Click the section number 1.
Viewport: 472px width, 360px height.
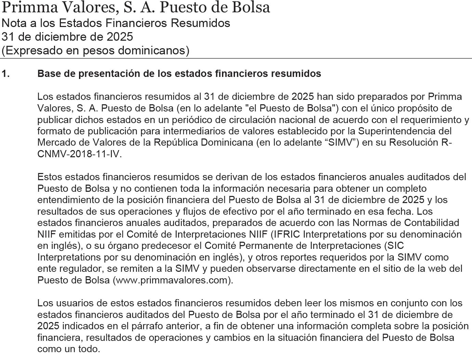(x=5, y=74)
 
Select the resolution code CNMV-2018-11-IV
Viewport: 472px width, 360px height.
(x=79, y=154)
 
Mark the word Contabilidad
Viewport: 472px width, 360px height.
(x=432, y=223)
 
